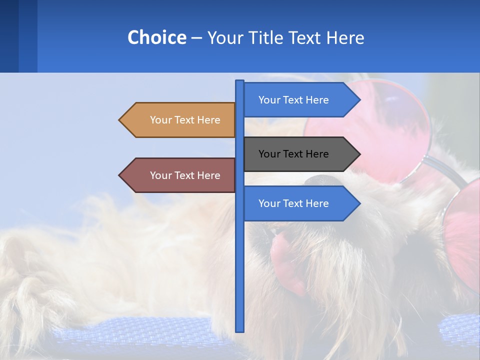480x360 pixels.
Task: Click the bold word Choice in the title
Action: click(156, 37)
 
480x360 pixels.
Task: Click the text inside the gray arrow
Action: click(293, 154)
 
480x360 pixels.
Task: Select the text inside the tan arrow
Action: click(185, 120)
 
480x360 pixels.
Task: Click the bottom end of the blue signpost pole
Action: click(240, 329)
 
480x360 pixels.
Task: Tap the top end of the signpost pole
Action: click(240, 82)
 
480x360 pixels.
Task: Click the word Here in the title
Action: click(345, 37)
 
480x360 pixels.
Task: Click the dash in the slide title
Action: click(196, 38)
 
